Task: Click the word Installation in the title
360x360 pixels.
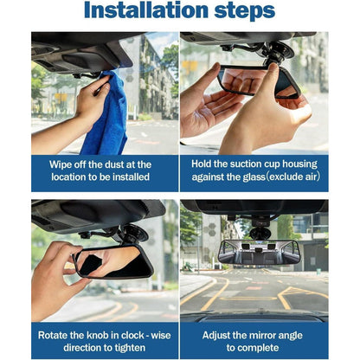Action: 146,10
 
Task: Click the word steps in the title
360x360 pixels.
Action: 245,12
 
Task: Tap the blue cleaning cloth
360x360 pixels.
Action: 109,114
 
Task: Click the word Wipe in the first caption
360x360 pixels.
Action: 60,164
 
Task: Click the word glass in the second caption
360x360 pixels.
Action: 254,177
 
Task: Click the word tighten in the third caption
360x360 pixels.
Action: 129,348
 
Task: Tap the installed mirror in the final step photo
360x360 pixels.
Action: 259,252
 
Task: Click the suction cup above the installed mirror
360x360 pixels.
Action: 260,233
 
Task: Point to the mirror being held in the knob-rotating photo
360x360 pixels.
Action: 113,261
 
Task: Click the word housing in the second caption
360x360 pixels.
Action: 299,164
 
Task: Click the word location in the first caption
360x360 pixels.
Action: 71,177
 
